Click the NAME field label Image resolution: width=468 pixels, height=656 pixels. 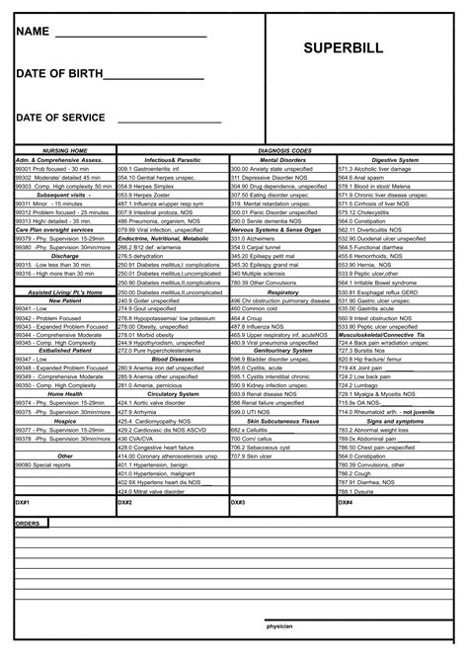click(x=33, y=32)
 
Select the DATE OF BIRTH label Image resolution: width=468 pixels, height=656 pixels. click(x=56, y=75)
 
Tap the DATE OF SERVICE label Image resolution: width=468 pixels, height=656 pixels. click(x=60, y=118)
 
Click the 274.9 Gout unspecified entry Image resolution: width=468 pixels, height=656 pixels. click(x=144, y=307)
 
